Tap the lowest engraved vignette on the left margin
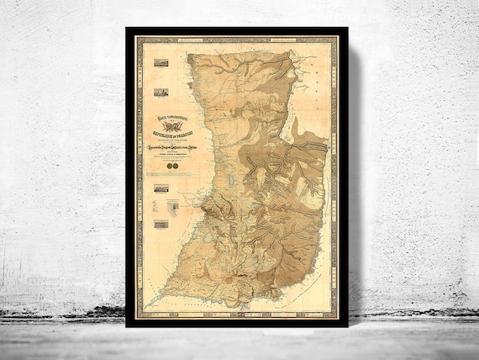point(162,224)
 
